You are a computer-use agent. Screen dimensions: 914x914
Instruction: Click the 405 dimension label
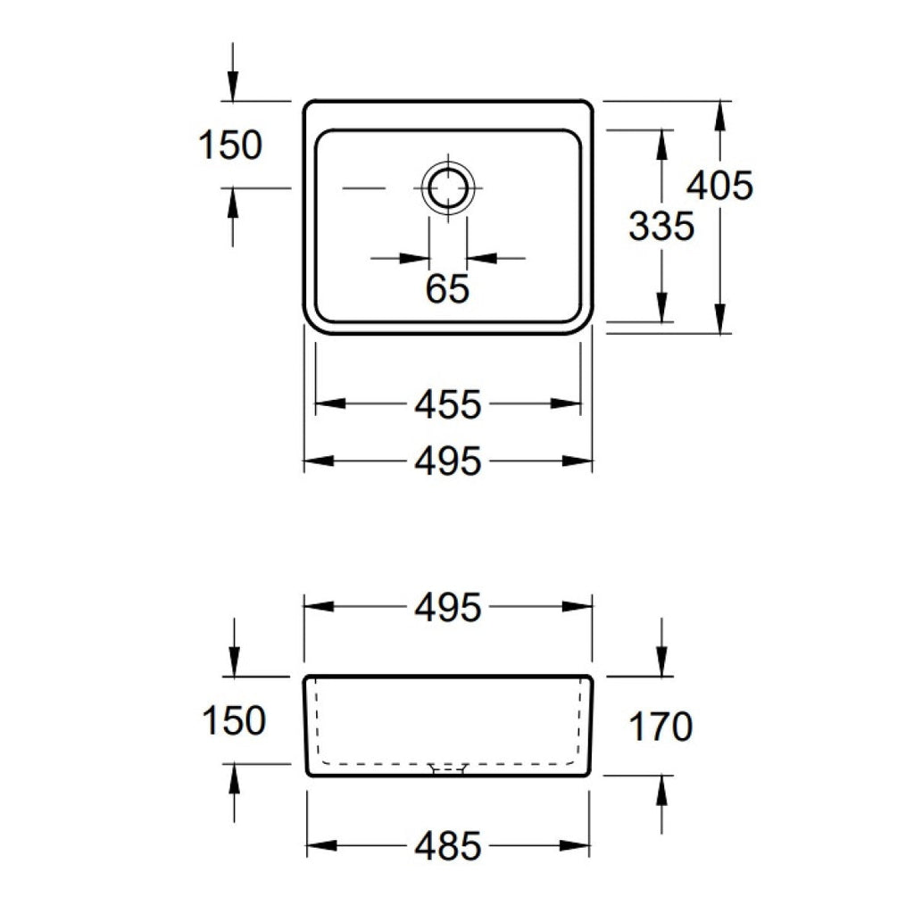(720, 186)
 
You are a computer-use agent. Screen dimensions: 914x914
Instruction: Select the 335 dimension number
(661, 226)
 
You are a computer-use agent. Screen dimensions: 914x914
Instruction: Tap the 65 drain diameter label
(447, 288)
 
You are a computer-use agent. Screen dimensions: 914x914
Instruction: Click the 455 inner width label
(448, 404)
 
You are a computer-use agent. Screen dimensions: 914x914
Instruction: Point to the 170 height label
(661, 727)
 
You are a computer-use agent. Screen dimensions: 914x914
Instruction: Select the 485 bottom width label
(448, 846)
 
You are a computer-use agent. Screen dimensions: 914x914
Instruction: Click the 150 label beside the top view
(231, 145)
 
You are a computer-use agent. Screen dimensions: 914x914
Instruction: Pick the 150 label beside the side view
(234, 720)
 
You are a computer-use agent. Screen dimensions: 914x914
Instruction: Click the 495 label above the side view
(448, 607)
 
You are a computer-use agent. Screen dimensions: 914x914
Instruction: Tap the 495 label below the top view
(448, 461)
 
